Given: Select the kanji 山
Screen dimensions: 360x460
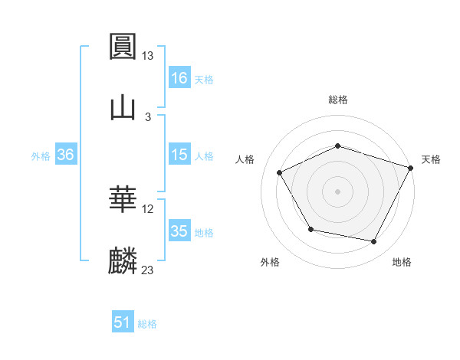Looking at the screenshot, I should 123,107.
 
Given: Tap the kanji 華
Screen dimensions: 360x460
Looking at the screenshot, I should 123,201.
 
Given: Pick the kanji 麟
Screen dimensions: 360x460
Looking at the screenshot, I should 123,261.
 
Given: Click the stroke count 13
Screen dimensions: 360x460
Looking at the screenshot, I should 148,56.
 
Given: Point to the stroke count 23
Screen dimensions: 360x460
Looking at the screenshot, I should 148,270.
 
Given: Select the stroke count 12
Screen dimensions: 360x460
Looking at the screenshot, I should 148,209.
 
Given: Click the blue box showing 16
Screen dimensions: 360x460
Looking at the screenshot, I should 179,77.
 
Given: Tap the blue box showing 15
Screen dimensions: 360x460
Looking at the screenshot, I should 179,154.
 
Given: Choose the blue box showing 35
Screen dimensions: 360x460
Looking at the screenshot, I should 179,231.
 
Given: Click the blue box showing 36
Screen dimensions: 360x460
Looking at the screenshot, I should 66,155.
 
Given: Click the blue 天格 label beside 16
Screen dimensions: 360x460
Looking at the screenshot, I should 204,79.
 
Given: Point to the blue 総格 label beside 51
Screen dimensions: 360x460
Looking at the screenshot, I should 147,324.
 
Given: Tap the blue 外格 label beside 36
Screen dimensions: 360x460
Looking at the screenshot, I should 41,155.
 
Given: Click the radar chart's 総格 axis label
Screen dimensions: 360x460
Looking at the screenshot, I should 338,100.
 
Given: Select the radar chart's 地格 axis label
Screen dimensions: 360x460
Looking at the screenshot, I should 402,263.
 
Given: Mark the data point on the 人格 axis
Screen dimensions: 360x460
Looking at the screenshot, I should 280,173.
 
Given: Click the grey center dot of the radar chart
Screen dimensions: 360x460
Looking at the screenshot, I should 338,191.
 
